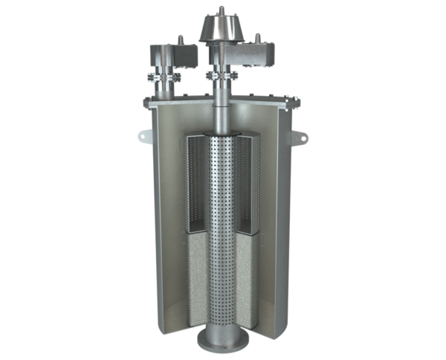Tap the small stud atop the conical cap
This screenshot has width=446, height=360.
coord(222,9)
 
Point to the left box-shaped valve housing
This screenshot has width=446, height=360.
coord(172,54)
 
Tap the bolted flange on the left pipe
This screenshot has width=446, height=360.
coord(164,77)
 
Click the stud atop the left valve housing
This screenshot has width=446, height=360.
coord(179,39)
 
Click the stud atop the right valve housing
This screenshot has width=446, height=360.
coord(258,37)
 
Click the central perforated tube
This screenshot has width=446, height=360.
coord(222,223)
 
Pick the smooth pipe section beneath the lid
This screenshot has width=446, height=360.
coord(222,119)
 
